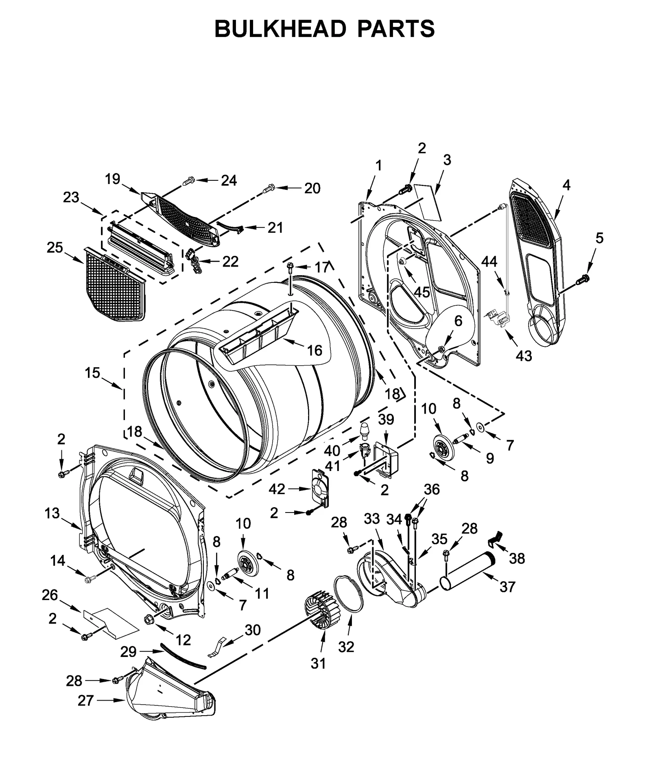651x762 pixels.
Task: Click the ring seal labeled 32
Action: pos(348,593)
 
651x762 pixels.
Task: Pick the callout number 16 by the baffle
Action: pos(315,350)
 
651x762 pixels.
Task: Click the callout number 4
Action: pos(566,185)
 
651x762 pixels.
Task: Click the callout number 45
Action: pos(422,292)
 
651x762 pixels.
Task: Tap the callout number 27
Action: pos(86,701)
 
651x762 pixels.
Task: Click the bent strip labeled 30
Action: pos(217,648)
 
